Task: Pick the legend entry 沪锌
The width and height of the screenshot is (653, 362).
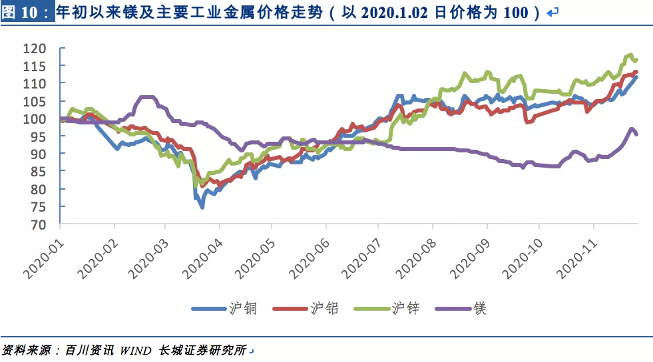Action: tap(405, 308)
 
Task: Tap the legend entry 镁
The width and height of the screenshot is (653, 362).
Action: tap(479, 308)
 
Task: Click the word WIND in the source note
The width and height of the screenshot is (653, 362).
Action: tap(136, 349)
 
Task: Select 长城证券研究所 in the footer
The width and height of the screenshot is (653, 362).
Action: tap(202, 349)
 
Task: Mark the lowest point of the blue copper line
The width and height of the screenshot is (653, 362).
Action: tap(202, 207)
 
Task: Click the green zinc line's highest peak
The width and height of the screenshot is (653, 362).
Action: tap(630, 55)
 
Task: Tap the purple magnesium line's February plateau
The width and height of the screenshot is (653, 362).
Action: tap(147, 98)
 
